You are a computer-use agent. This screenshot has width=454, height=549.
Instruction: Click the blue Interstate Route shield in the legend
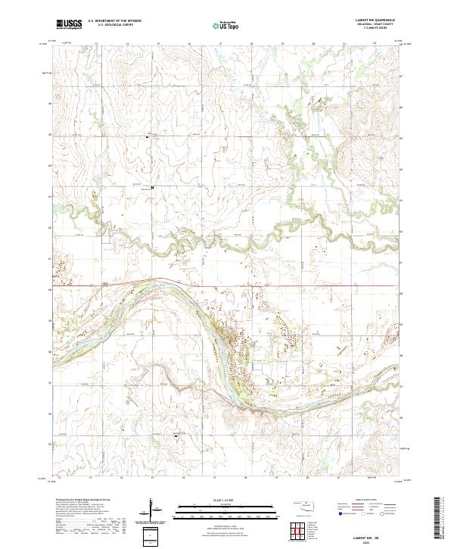(x=340, y=513)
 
